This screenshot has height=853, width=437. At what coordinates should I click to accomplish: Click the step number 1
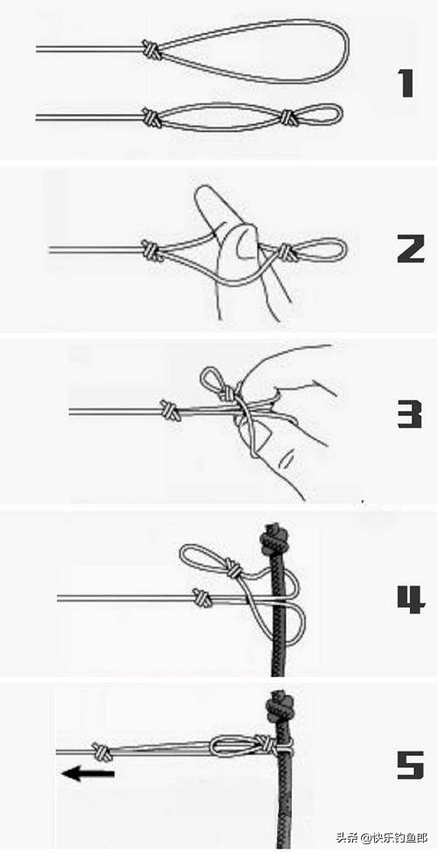tap(407, 83)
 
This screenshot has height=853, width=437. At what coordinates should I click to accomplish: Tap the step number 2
tap(410, 250)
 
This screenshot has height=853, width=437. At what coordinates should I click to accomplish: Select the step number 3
tap(410, 414)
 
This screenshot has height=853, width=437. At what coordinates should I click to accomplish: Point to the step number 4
tap(410, 600)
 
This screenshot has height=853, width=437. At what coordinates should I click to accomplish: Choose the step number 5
tap(410, 766)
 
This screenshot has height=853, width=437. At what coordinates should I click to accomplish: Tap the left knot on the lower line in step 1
tap(152, 117)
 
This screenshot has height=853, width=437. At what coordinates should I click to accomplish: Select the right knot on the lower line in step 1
tap(288, 116)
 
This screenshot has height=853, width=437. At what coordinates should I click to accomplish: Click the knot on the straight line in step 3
tap(171, 410)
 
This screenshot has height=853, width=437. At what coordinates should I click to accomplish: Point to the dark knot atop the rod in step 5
tap(279, 704)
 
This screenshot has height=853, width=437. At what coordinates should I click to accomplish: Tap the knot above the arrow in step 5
tap(101, 752)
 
